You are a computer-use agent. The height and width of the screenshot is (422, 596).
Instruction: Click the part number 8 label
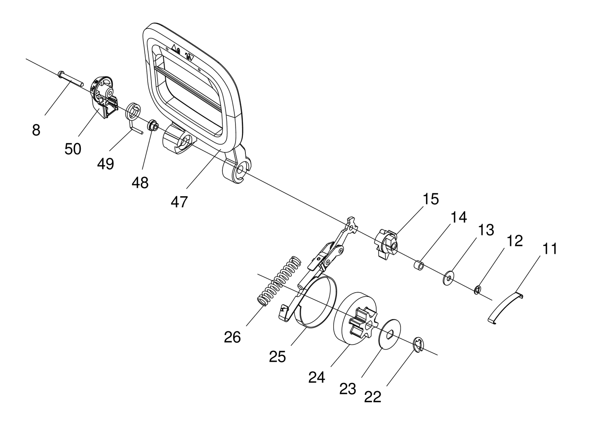tap(36, 130)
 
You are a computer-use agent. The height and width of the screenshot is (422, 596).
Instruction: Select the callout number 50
tap(73, 149)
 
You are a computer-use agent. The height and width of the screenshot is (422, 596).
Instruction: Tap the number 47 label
tap(179, 202)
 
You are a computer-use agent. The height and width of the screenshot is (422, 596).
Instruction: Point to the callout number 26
tap(232, 338)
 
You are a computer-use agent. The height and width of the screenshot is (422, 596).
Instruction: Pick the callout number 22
tap(373, 397)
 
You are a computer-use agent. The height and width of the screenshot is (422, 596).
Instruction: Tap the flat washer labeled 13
tap(448, 278)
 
